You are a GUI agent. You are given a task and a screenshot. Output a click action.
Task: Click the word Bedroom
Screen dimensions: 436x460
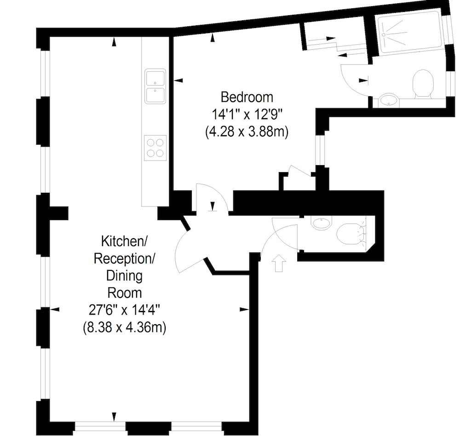[x=247, y=98]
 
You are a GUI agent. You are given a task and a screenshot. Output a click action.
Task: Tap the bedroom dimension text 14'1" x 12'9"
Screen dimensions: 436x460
[x=247, y=115]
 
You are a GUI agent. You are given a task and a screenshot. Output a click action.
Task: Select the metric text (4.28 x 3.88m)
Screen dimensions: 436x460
[x=247, y=132]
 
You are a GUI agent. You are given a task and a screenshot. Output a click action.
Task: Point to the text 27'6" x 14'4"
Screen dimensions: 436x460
[x=124, y=310]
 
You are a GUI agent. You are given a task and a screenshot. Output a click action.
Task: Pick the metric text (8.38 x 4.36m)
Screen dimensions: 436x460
[x=124, y=327]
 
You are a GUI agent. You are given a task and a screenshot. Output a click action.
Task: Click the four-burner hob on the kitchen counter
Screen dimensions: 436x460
[x=155, y=148]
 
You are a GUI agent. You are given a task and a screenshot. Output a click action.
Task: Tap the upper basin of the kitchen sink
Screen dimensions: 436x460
[x=155, y=77]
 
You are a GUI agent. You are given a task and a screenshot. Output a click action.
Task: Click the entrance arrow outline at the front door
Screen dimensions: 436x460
[x=278, y=264]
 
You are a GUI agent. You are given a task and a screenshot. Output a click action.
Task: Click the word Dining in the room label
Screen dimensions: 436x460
[x=124, y=276]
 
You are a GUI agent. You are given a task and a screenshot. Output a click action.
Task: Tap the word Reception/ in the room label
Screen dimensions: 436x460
[x=124, y=258]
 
